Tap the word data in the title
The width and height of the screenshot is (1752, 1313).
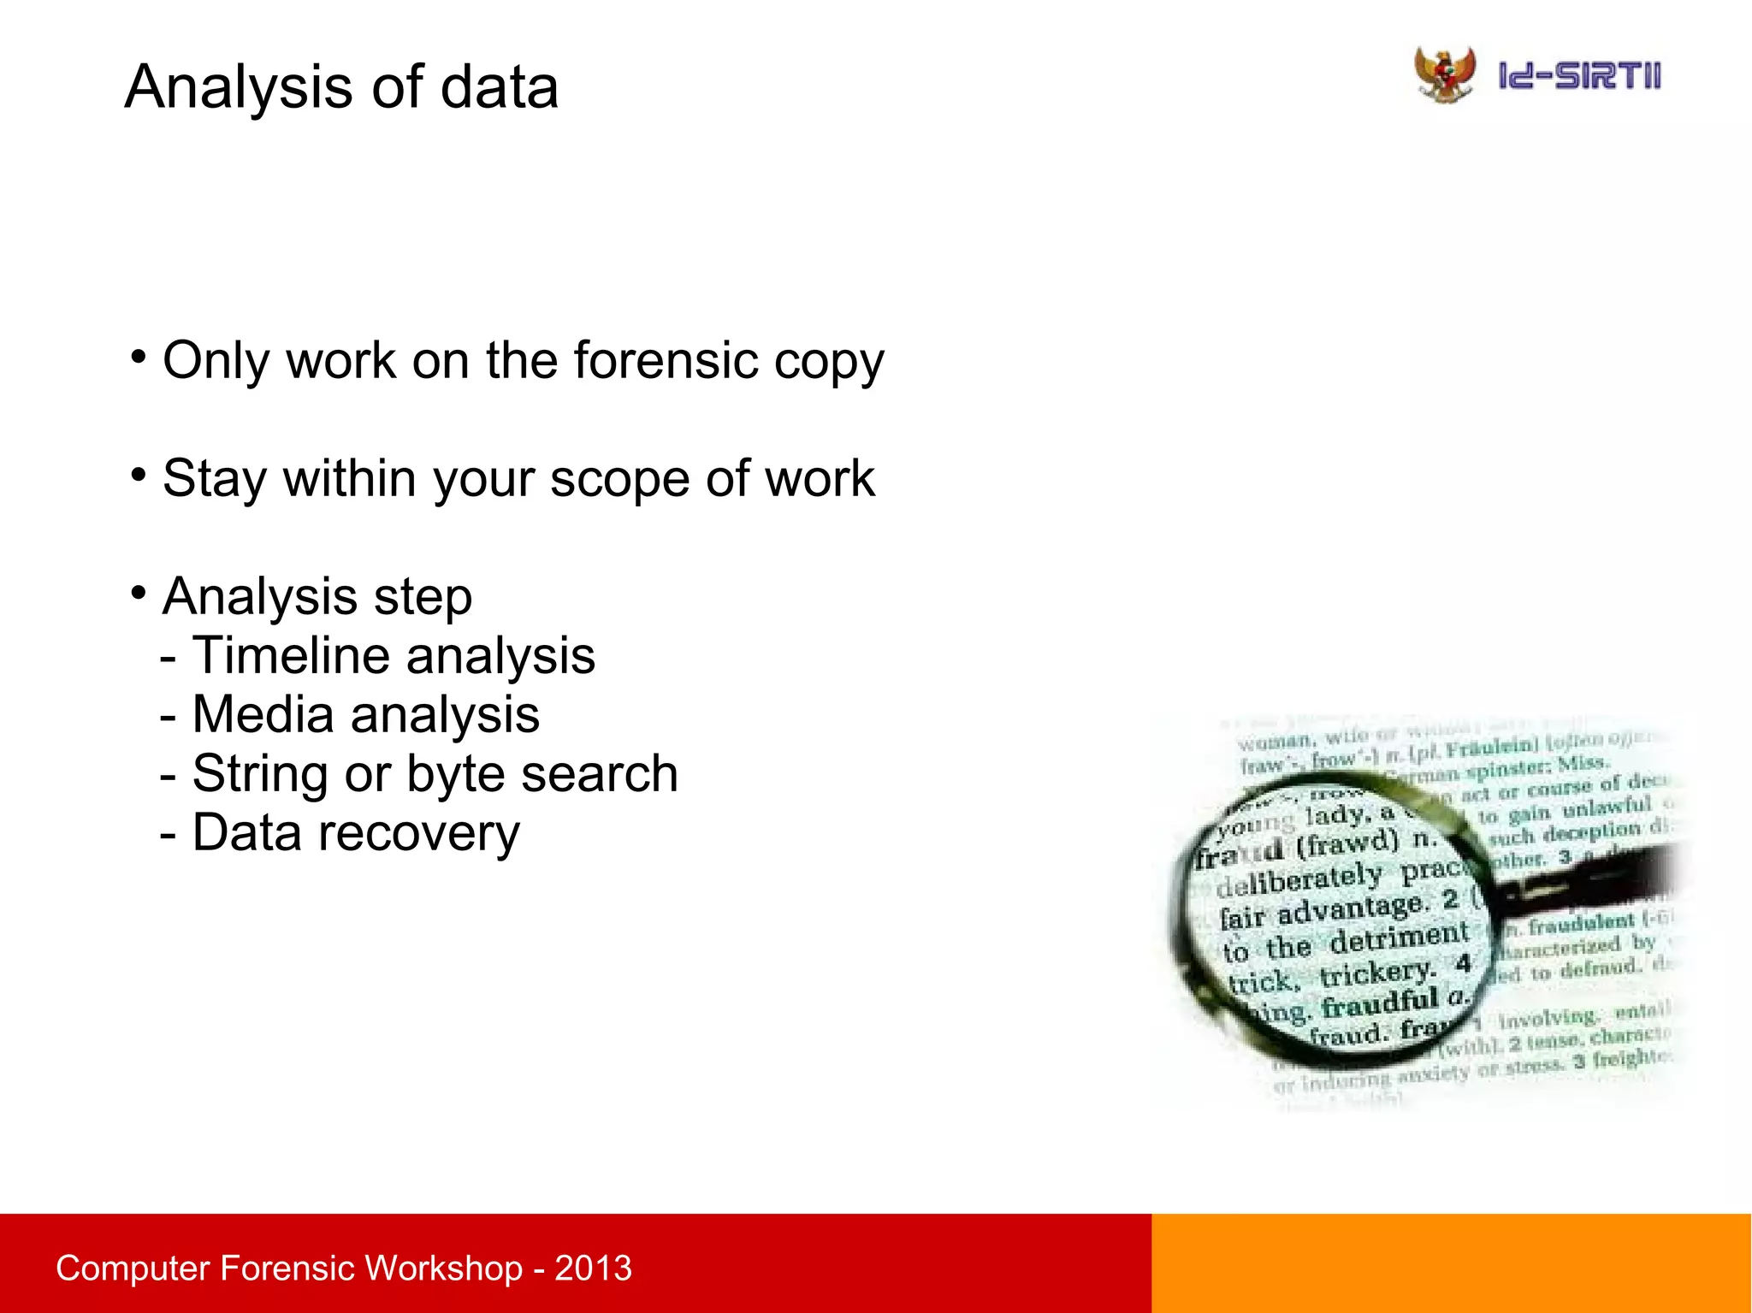[499, 87]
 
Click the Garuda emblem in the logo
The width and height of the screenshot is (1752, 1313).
[1444, 74]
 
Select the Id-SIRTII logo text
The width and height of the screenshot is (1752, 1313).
[1579, 76]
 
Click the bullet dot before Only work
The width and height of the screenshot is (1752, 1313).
[139, 355]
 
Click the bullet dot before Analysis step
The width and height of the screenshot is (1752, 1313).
[139, 592]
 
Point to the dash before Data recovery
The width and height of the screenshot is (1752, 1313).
[169, 834]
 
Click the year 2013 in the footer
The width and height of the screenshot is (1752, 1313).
[593, 1268]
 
